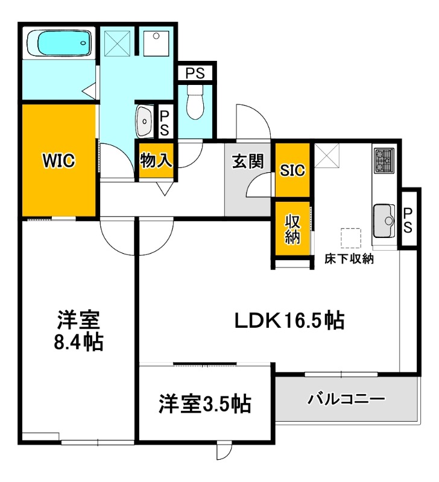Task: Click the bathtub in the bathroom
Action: pyautogui.click(x=58, y=43)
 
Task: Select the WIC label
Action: pyautogui.click(x=58, y=161)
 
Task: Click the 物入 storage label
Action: pyautogui.click(x=156, y=160)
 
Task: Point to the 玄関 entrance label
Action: pyautogui.click(x=248, y=161)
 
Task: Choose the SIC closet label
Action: pyautogui.click(x=292, y=171)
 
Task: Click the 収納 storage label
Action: pyautogui.click(x=292, y=229)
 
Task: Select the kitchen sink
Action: pyautogui.click(x=384, y=221)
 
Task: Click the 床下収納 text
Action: pyautogui.click(x=350, y=260)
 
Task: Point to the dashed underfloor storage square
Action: pyautogui.click(x=350, y=237)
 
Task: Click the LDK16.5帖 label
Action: pyautogui.click(x=289, y=320)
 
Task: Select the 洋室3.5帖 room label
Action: pyautogui.click(x=205, y=403)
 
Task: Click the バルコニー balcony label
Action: pyautogui.click(x=346, y=399)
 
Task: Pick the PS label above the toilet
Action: pyautogui.click(x=195, y=74)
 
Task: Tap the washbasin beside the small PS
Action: pyautogui.click(x=145, y=121)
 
